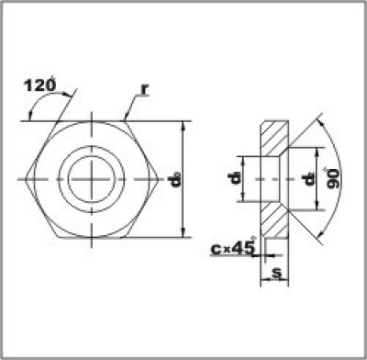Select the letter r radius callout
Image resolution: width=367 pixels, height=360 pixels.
(144, 89)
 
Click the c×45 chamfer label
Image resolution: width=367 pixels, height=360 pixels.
(230, 247)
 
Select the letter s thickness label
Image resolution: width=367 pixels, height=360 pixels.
(276, 275)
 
